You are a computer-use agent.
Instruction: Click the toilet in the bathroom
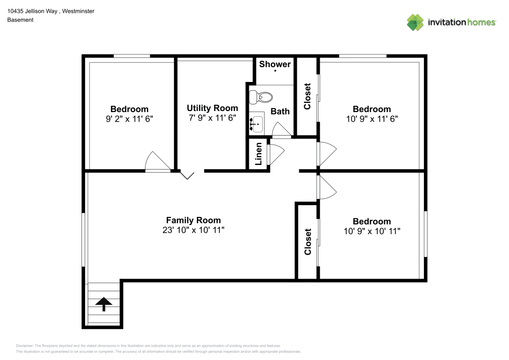264,97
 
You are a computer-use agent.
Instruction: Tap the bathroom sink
256,123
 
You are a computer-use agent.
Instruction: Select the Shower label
275,64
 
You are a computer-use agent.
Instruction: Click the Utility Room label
212,108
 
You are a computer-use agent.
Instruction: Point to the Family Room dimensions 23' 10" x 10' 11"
193,230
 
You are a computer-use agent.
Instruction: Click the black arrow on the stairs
104,304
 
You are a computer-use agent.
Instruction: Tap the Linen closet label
259,154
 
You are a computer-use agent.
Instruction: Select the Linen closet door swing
275,153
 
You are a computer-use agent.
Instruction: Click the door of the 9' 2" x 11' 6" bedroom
155,162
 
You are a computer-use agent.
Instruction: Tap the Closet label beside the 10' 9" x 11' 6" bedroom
307,96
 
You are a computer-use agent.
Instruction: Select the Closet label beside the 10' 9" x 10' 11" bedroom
307,242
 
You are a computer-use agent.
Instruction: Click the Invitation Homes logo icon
415,22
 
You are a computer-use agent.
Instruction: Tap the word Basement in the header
20,20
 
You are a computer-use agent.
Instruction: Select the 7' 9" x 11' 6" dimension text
212,118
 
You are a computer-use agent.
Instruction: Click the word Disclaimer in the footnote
25,345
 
